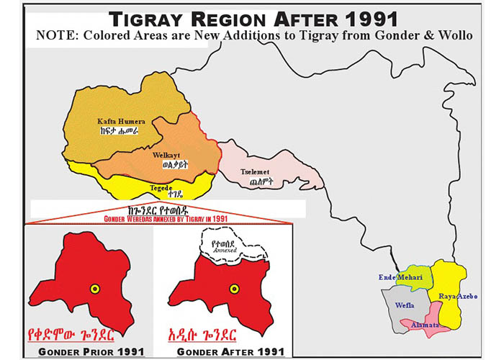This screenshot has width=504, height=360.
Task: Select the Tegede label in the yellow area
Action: [160, 188]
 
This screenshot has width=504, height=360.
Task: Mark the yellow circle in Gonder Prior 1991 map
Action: [94, 289]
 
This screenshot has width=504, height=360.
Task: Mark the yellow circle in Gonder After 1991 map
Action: [233, 289]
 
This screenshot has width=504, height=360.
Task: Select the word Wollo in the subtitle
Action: [451, 36]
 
